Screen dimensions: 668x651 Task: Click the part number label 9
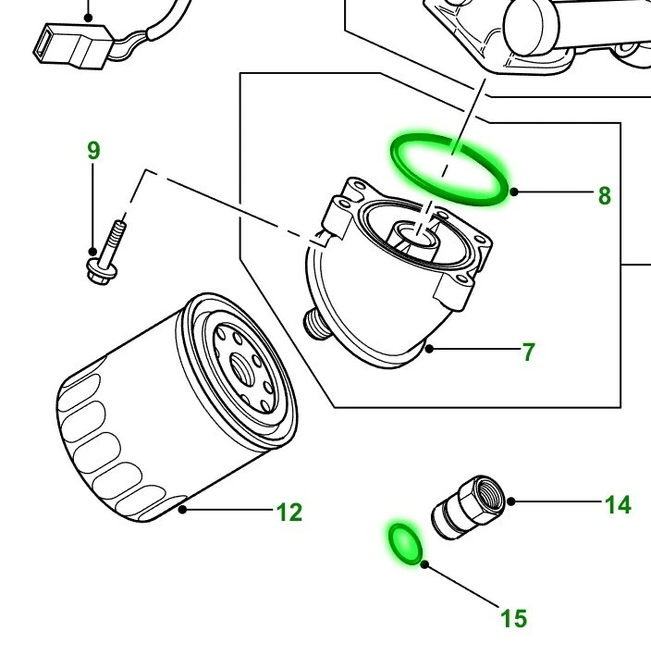click(x=93, y=150)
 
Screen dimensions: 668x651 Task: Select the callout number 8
click(x=604, y=195)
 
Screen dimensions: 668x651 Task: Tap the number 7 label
click(x=528, y=352)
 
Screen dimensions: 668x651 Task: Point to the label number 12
click(x=289, y=512)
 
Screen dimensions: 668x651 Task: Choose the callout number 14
click(x=617, y=504)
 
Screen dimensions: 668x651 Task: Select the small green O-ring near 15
click(x=405, y=542)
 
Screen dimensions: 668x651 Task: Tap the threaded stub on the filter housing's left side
click(x=317, y=323)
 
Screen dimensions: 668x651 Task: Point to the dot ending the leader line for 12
click(x=184, y=509)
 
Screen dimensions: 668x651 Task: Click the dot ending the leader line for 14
click(x=510, y=502)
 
